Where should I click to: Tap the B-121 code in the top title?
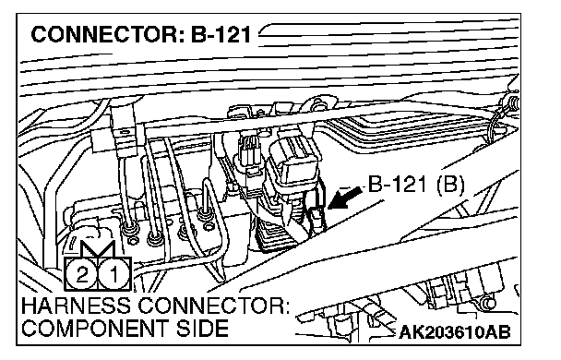click(x=221, y=35)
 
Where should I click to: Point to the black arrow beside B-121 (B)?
click(x=344, y=198)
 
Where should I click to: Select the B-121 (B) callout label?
click(x=416, y=185)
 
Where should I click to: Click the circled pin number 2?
click(x=81, y=274)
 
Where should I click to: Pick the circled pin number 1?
click(x=114, y=274)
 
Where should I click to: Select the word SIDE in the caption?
click(x=202, y=328)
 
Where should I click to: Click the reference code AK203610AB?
click(x=454, y=332)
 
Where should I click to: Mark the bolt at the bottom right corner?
click(x=488, y=304)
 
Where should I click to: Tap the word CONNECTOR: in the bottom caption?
click(x=214, y=306)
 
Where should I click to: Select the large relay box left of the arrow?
click(x=292, y=164)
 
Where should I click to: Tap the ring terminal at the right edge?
click(x=512, y=102)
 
